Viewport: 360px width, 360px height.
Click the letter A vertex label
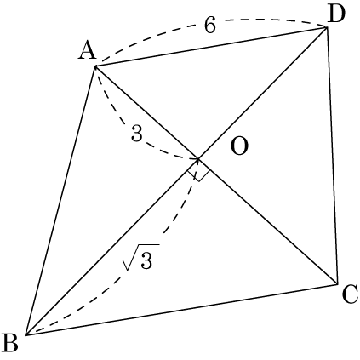click(x=88, y=50)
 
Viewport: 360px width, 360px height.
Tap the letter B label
click(x=9, y=342)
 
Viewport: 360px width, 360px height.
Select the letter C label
click(x=350, y=294)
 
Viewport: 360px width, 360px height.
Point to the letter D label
click(x=336, y=14)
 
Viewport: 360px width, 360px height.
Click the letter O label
click(x=240, y=146)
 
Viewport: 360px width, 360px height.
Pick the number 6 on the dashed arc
click(x=210, y=25)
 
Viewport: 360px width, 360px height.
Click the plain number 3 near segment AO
click(x=137, y=133)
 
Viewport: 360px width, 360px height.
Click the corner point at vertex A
click(x=96, y=66)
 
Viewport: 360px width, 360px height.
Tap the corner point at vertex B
click(x=26, y=334)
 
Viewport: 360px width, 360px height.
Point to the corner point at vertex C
click(x=337, y=283)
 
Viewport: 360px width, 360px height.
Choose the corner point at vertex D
click(x=327, y=27)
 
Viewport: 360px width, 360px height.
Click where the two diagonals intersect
click(x=198, y=159)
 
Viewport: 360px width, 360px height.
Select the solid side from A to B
click(x=61, y=201)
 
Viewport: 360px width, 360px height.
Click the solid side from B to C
click(x=181, y=309)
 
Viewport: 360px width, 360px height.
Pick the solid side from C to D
click(x=332, y=155)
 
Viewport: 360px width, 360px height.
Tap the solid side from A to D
click(x=211, y=47)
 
